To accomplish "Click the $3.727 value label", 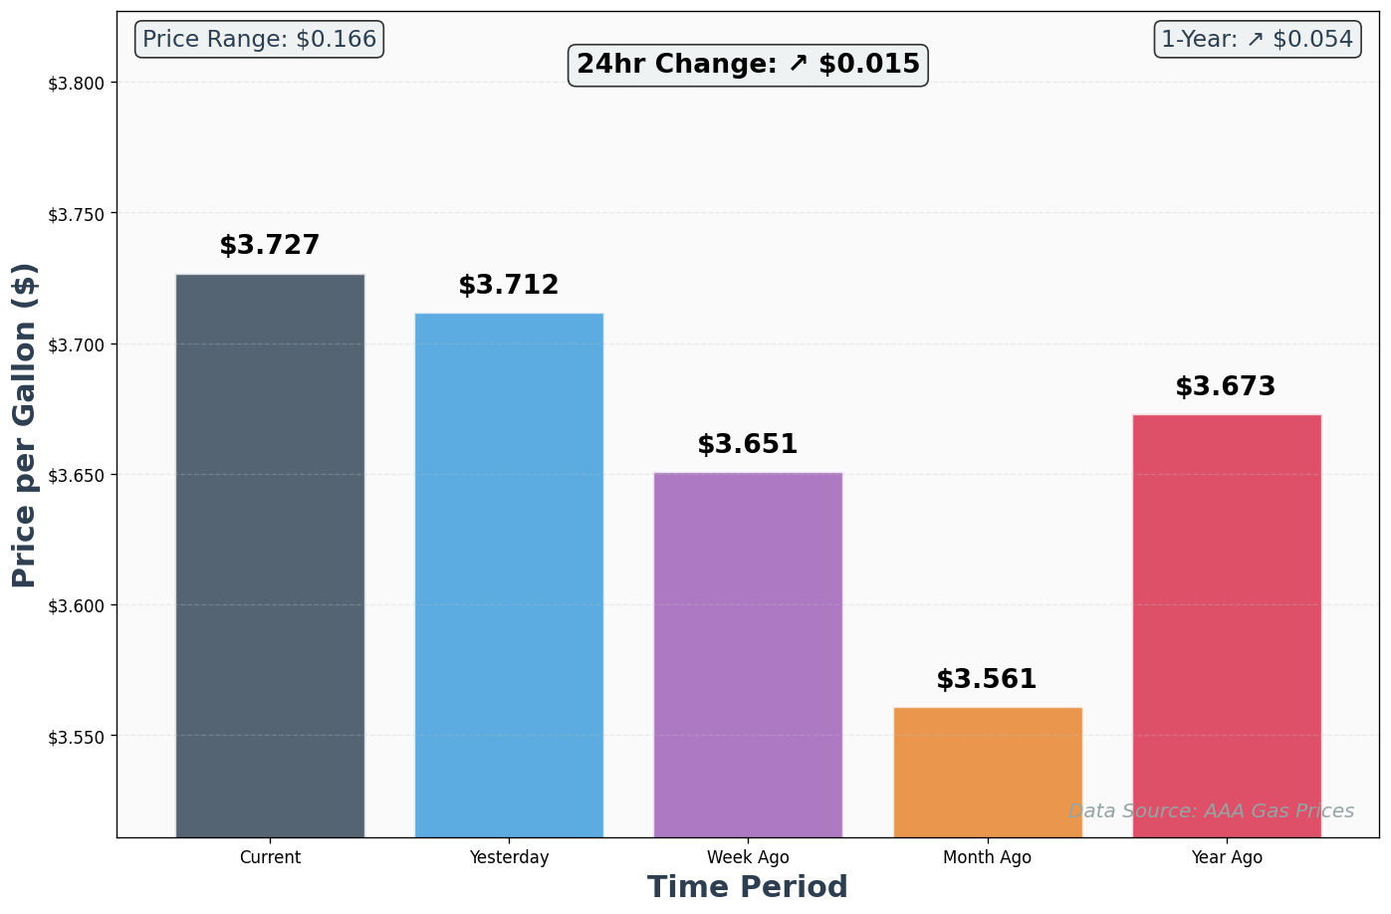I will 270,246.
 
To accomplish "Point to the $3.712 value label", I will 509,286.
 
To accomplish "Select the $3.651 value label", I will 748,445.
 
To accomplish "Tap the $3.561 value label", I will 987,680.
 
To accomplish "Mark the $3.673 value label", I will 1226,387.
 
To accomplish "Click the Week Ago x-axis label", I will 748,858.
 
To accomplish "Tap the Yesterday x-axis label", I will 509,858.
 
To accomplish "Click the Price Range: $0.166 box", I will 260,40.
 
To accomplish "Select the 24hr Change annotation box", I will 748,65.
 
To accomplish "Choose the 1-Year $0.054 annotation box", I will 1257,40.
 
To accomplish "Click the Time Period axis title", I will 748,887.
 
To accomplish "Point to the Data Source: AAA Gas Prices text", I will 1211,811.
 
